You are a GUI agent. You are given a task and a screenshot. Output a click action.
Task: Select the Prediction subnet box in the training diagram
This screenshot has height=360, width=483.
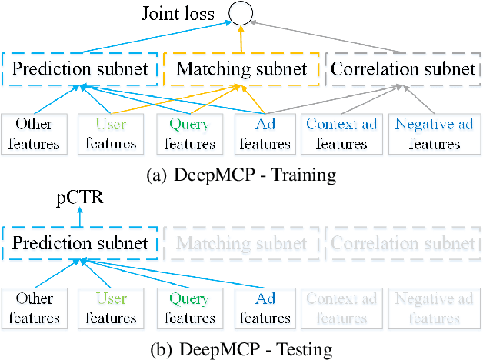80,69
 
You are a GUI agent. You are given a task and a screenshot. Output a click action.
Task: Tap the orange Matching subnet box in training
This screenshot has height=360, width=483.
241,69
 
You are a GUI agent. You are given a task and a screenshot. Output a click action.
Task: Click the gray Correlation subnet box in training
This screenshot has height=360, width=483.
401,69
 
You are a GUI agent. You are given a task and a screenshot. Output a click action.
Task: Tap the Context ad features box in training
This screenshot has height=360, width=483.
341,132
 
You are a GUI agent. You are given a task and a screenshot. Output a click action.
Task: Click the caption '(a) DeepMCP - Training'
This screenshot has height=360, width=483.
241,175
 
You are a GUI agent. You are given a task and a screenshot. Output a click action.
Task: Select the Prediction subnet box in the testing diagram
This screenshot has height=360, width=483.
80,244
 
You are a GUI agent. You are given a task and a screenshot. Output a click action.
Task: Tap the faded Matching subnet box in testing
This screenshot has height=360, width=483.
241,244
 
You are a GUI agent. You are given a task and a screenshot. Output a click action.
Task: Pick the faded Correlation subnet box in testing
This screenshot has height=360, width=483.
401,244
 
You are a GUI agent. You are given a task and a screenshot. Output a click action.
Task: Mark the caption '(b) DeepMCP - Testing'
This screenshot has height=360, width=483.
241,350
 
